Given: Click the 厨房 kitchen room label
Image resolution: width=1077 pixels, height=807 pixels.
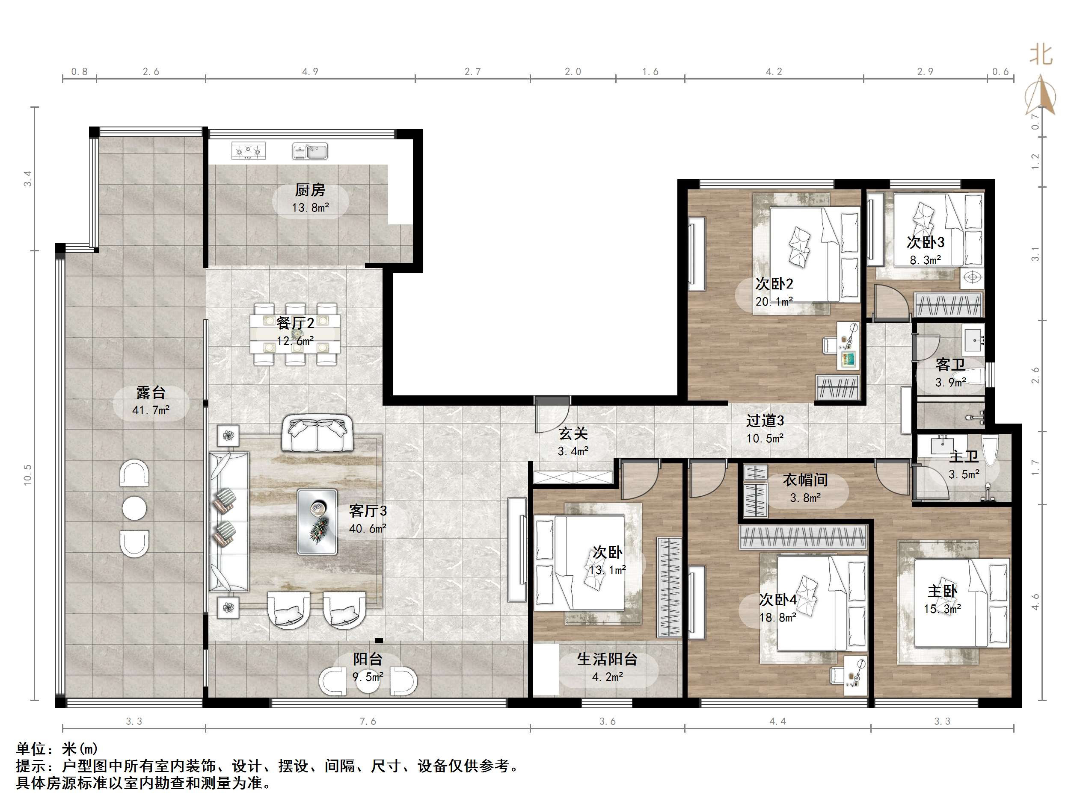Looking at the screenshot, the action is click(x=310, y=190).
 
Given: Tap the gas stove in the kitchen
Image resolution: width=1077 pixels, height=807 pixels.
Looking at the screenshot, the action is click(x=248, y=151).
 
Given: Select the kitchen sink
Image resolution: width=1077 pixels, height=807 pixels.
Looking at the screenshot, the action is click(x=310, y=151).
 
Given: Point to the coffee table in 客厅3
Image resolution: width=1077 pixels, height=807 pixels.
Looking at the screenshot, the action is click(x=317, y=521).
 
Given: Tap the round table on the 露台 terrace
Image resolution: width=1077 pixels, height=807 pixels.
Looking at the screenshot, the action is click(x=134, y=508).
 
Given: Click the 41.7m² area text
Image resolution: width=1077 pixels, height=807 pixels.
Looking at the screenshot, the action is click(x=151, y=410).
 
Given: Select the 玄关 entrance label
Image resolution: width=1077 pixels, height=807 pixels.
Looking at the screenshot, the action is click(x=573, y=433).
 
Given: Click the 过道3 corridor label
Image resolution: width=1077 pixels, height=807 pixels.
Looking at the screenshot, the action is click(x=765, y=420).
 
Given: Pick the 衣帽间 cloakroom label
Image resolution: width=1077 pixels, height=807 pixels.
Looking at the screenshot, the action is click(x=805, y=480).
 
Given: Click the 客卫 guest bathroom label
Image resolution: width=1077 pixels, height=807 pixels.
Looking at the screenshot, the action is click(x=950, y=364).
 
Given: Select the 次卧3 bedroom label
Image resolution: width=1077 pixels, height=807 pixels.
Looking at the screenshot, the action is click(x=925, y=242).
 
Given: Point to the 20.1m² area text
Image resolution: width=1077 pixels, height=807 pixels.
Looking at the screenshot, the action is click(x=774, y=302).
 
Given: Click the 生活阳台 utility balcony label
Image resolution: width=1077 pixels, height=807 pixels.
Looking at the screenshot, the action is click(x=607, y=659).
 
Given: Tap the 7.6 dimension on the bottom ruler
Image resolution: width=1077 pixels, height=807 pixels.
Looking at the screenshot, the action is click(x=368, y=722).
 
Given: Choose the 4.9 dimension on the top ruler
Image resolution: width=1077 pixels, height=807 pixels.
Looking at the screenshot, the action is click(x=310, y=72).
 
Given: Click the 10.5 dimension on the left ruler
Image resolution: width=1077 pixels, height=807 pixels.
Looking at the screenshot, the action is click(x=28, y=475).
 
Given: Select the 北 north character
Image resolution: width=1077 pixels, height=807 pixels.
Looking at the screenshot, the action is click(x=1041, y=54).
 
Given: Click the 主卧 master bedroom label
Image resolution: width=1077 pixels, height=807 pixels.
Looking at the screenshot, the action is click(x=942, y=591).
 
